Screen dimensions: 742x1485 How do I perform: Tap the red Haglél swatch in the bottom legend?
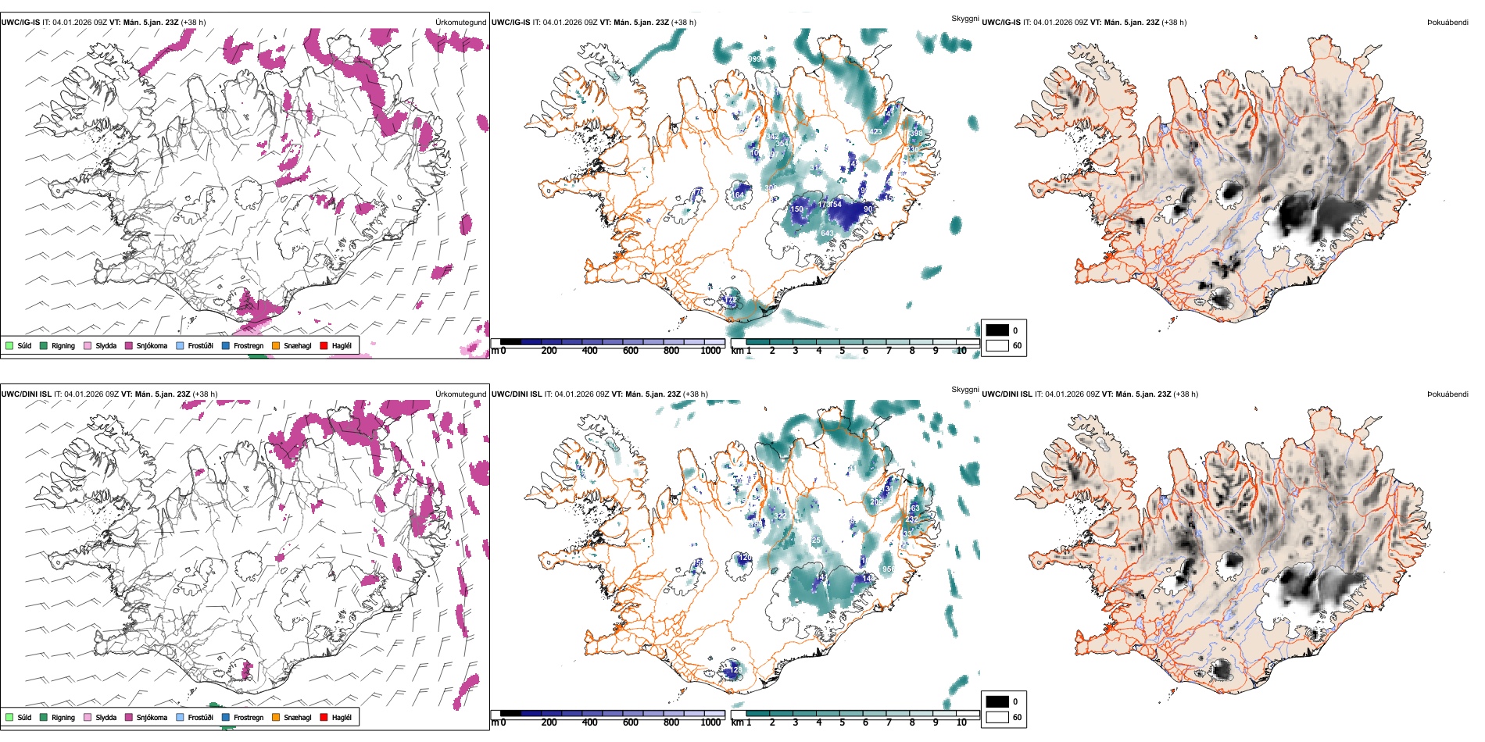pyautogui.click(x=324, y=717)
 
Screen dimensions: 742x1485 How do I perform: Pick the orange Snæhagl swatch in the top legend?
pyautogui.click(x=276, y=345)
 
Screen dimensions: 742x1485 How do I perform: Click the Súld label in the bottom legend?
pyautogui.click(x=24, y=717)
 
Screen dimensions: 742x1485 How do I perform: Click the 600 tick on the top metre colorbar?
pyautogui.click(x=631, y=351)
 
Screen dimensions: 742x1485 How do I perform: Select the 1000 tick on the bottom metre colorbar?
pyautogui.click(x=710, y=722)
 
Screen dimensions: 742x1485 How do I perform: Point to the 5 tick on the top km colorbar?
pyautogui.click(x=842, y=351)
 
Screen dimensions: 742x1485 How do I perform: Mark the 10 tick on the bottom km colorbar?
pyautogui.click(x=961, y=722)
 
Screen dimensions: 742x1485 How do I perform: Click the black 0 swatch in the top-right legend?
pyautogui.click(x=997, y=330)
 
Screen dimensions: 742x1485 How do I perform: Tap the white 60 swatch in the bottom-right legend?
pyautogui.click(x=997, y=717)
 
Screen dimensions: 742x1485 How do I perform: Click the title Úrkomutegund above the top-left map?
pyautogui.click(x=461, y=23)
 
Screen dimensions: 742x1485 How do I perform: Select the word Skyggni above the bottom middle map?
pyautogui.click(x=965, y=390)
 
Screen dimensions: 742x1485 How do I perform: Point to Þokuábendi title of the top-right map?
pyautogui.click(x=1447, y=23)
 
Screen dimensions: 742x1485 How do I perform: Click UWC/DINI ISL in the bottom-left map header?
pyautogui.click(x=27, y=394)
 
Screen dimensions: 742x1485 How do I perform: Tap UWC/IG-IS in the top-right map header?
pyautogui.click(x=1001, y=23)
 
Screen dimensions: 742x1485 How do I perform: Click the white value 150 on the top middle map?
pyautogui.click(x=796, y=209)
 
